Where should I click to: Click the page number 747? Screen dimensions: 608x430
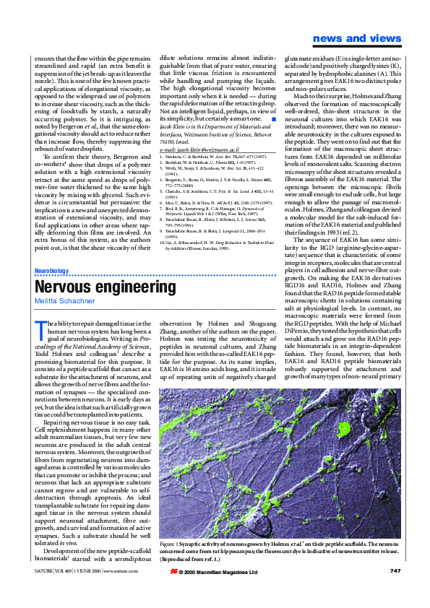coord(395,591)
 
